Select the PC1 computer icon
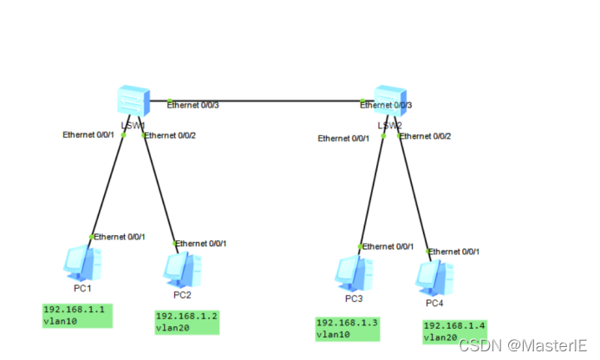(x=82, y=263)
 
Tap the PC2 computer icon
(x=182, y=270)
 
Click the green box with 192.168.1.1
(x=77, y=315)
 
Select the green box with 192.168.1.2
(x=186, y=322)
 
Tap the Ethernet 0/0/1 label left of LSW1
(x=88, y=135)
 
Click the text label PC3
(x=353, y=299)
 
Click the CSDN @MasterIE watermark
(x=523, y=345)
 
